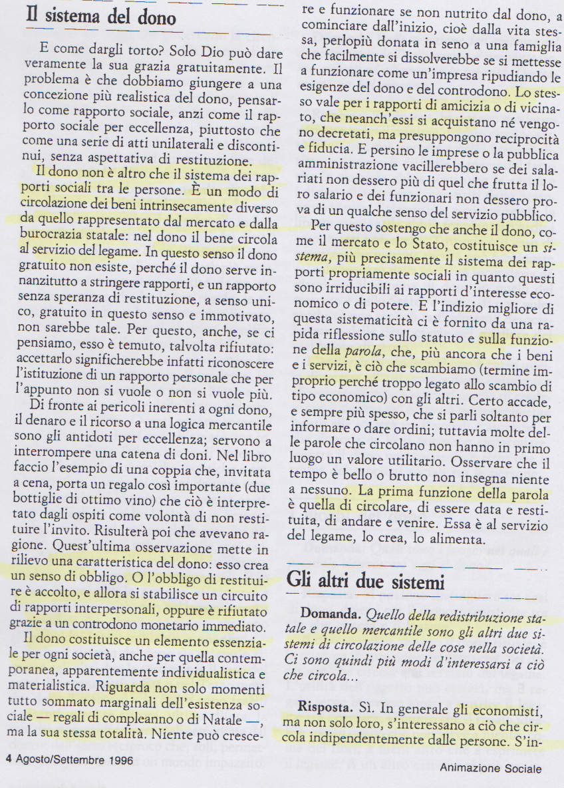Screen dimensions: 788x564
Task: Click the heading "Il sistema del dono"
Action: coord(101,16)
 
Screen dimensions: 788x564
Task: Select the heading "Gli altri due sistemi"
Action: coord(365,582)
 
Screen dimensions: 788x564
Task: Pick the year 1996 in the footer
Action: coord(118,759)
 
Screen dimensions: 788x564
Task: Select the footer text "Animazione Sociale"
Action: coord(491,767)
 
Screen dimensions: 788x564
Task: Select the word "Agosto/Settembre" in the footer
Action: coord(54,759)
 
